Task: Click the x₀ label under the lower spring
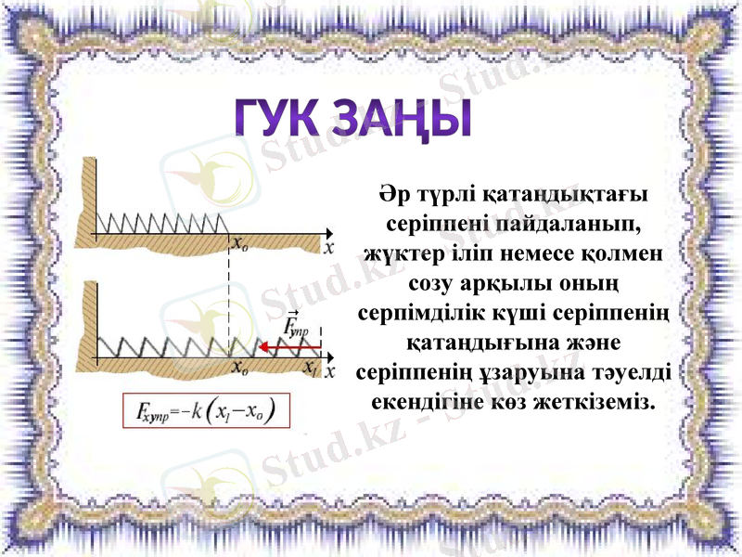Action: [x=238, y=368]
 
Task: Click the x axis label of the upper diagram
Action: [x=328, y=247]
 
